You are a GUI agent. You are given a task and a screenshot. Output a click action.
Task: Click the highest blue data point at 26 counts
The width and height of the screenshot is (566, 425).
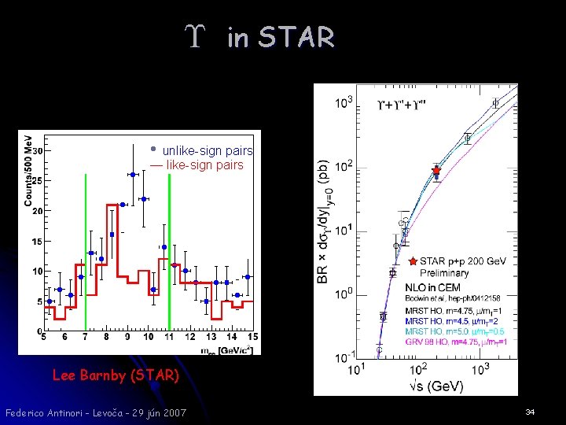[133, 174]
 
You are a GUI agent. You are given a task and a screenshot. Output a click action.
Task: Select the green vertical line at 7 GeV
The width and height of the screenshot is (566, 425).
[86, 252]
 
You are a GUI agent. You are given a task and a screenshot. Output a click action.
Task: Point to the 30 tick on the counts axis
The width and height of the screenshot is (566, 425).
[37, 150]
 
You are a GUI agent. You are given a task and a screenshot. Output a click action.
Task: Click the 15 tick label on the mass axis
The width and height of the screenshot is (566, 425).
[252, 338]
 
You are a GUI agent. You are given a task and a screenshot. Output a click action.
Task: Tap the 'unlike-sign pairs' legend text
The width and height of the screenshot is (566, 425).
[208, 150]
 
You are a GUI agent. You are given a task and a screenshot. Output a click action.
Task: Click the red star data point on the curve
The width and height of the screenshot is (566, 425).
[436, 170]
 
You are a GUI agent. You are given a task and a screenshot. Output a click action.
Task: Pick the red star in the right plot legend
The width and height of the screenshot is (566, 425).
[413, 261]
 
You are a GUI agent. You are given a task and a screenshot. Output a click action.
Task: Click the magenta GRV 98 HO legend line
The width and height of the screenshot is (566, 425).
[457, 342]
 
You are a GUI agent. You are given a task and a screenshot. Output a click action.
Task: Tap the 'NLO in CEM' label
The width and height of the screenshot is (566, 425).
[433, 288]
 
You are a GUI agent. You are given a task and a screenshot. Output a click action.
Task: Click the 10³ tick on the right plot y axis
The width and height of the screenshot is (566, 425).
[344, 103]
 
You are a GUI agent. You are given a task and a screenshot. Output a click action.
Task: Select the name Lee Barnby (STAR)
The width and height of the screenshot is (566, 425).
[116, 375]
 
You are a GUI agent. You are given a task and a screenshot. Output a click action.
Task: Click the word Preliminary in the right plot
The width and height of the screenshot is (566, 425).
[444, 273]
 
